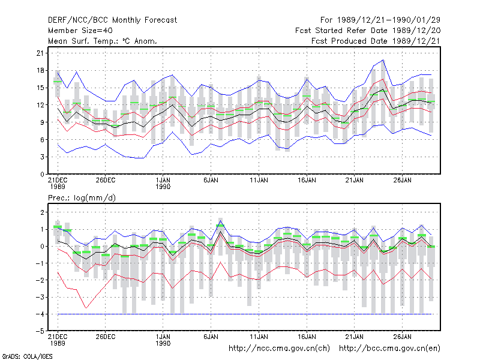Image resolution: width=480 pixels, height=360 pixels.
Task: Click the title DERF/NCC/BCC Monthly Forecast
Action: (x=112, y=20)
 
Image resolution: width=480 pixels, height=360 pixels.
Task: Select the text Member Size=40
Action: (x=80, y=31)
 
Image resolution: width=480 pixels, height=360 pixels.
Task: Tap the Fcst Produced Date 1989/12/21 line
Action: (x=376, y=41)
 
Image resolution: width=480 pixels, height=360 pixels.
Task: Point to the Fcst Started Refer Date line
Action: (x=368, y=31)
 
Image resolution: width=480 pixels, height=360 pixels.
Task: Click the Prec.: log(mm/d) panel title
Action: (x=82, y=198)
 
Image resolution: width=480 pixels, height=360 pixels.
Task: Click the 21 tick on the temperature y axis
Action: (x=40, y=53)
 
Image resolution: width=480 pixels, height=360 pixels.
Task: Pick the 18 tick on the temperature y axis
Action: (x=40, y=70)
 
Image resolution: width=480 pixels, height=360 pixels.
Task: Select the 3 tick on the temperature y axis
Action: (x=42, y=157)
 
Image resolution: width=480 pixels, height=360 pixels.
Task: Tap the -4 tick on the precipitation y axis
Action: (x=40, y=314)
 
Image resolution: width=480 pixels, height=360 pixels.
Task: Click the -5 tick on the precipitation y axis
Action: (x=40, y=331)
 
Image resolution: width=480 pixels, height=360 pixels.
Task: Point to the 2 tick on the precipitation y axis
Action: (x=42, y=212)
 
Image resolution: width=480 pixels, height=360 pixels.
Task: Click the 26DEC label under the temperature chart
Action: (x=106, y=181)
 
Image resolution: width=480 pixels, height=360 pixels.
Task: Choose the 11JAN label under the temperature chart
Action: (x=259, y=181)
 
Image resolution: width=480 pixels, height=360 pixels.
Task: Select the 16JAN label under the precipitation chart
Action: (x=307, y=337)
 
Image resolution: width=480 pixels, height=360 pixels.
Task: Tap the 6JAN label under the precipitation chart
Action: (x=211, y=337)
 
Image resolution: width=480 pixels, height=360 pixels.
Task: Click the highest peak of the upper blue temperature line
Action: (x=383, y=60)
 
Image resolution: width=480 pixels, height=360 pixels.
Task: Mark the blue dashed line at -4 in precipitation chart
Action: (x=245, y=314)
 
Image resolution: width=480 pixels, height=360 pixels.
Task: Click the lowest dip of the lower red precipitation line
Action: (x=86, y=308)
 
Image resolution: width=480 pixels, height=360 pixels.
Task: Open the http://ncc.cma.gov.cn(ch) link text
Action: (x=279, y=349)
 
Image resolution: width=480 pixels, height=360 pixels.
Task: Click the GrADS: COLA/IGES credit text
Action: (x=28, y=356)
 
